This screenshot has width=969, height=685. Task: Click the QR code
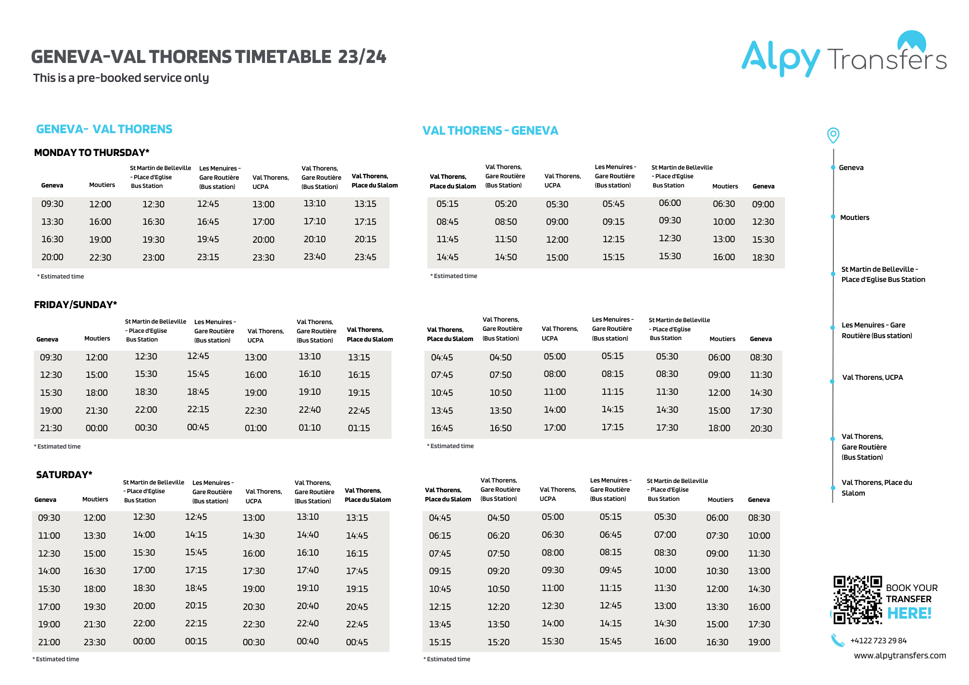point(857,599)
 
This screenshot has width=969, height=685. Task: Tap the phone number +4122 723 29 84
point(878,640)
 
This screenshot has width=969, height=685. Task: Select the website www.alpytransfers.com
point(900,655)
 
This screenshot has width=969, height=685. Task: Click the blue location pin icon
point(833,135)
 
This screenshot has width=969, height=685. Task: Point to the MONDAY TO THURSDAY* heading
point(92,153)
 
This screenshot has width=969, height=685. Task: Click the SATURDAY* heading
point(64,475)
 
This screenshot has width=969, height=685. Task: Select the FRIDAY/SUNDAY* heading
point(76,305)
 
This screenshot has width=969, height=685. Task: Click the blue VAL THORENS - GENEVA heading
point(490,131)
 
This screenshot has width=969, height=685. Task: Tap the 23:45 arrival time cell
point(365,257)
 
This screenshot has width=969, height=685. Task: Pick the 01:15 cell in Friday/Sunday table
point(359,428)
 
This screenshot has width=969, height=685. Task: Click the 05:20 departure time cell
point(506,204)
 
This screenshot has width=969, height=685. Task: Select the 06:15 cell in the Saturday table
point(440,535)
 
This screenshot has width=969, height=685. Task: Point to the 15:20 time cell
point(499,642)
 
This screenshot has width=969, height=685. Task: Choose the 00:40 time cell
point(308,641)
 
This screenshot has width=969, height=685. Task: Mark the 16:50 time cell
point(500,428)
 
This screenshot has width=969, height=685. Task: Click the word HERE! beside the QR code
point(909,613)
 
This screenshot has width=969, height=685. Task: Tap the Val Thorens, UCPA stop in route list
point(873,377)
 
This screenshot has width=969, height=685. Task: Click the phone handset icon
point(838,640)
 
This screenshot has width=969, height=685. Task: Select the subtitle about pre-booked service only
point(121,78)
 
